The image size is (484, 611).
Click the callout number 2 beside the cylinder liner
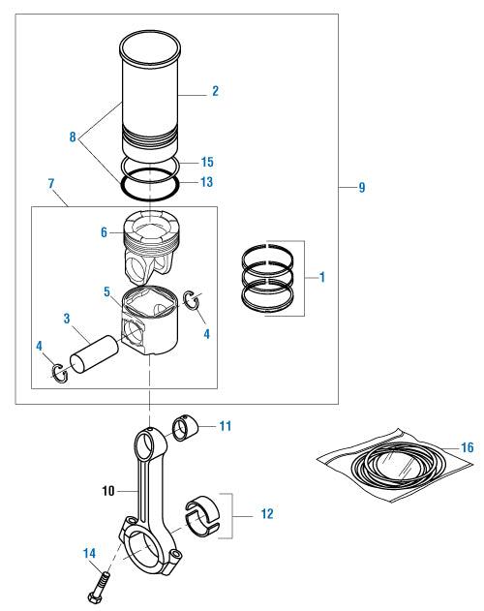point(215,91)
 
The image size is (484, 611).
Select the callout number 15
point(206,162)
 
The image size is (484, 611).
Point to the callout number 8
point(72,137)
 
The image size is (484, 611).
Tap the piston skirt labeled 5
point(153,324)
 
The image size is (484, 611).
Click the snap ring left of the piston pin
point(58,371)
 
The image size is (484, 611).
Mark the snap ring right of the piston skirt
point(193,301)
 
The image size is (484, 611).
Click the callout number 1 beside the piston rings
point(321,277)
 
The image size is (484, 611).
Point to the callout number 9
point(361,187)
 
